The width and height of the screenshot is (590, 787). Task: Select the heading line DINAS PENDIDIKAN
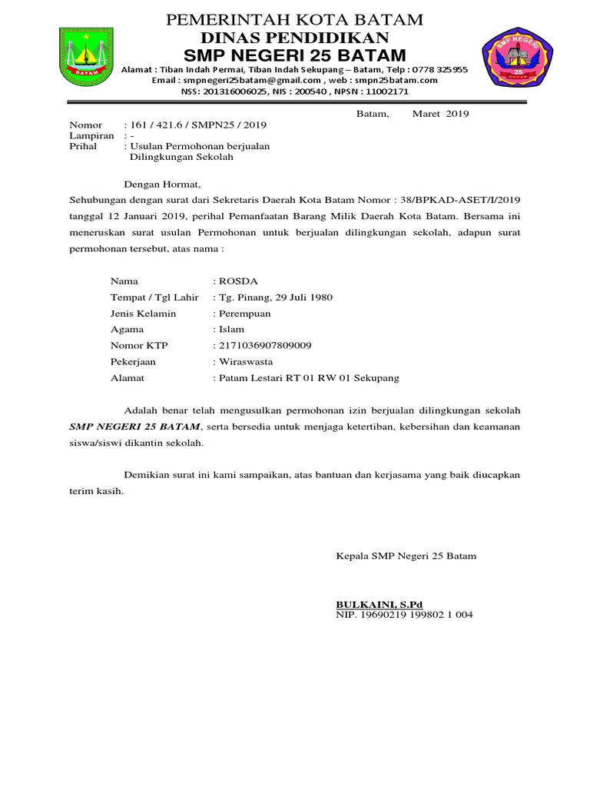[x=295, y=38]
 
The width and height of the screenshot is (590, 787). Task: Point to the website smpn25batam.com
[x=398, y=80]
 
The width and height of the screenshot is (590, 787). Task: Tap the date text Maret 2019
[x=440, y=115]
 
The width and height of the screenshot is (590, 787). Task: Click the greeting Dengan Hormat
[x=162, y=184]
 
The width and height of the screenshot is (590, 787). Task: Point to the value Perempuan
[x=245, y=314]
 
